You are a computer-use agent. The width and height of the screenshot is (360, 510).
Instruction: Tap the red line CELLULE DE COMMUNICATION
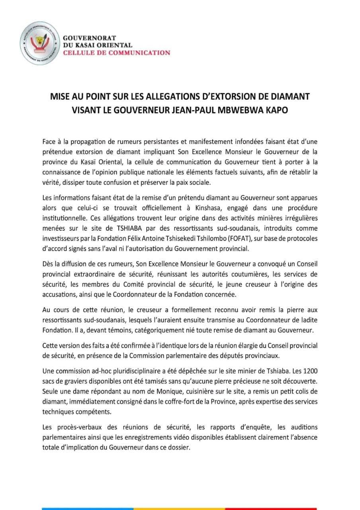click(x=117, y=53)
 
